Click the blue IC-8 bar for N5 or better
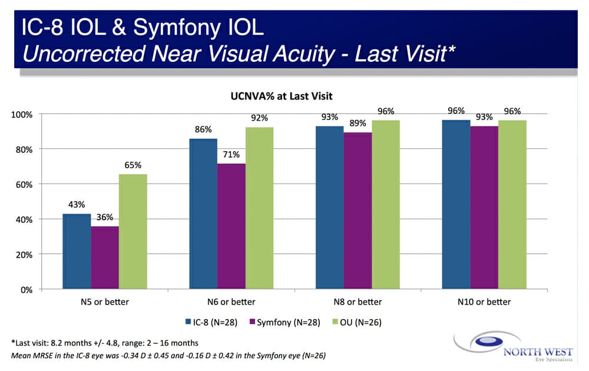pos(77,252)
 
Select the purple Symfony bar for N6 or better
pos(231,226)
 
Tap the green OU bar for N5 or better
pos(133,232)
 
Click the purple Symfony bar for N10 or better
pos(484,208)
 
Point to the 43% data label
pos(77,205)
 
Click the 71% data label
pos(231,155)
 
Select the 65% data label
pos(133,165)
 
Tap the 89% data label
pos(358,123)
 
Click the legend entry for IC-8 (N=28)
pos(207,322)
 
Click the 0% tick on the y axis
pos(27,290)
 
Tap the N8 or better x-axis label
pos(357,302)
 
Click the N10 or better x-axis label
pos(484,302)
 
